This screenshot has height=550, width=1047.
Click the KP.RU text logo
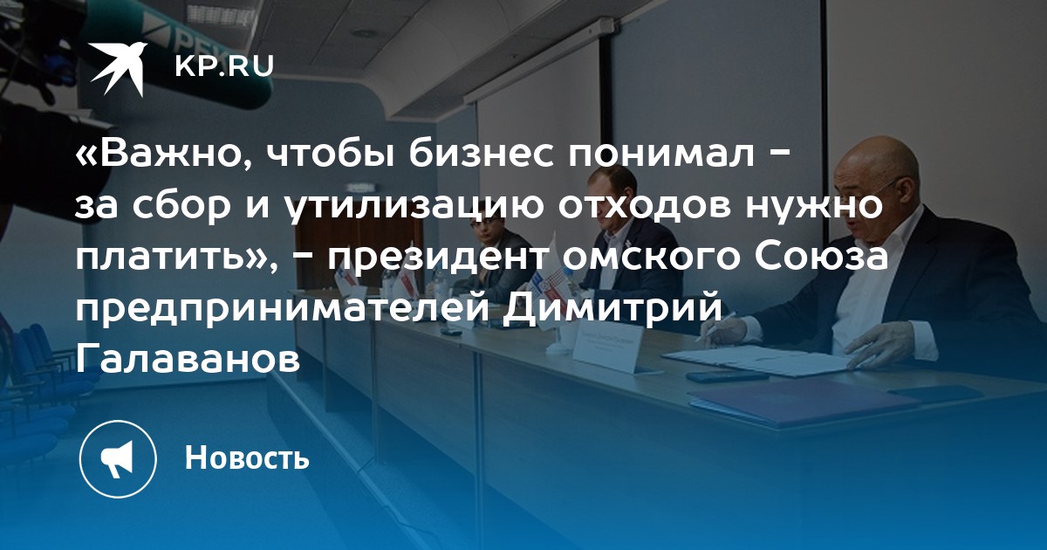click(224, 66)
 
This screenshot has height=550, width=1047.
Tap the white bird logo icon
click(119, 69)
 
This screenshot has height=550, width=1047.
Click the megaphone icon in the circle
click(117, 458)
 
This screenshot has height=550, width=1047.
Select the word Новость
click(247, 457)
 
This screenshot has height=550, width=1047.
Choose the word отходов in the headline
click(645, 206)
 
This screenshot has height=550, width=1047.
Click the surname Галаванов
click(188, 359)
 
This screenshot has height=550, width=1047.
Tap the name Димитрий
click(613, 309)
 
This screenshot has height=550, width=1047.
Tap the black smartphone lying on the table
click(719, 377)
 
